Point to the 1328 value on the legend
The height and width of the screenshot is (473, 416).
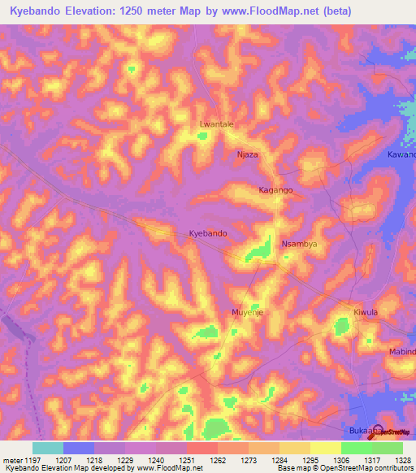[393, 459]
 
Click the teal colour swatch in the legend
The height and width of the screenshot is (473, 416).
[47, 448]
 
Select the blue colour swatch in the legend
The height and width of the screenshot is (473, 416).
[78, 448]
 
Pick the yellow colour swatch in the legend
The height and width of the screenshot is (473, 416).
[325, 448]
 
